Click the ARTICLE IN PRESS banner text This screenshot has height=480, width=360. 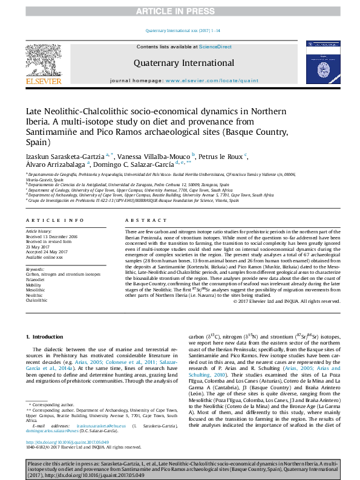coord(180,11)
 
